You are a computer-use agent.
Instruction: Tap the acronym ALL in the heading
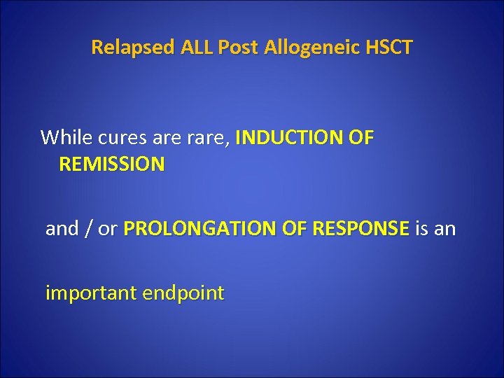[197, 48]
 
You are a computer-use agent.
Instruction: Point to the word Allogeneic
[312, 48]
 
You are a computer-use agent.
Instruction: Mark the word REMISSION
[112, 164]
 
